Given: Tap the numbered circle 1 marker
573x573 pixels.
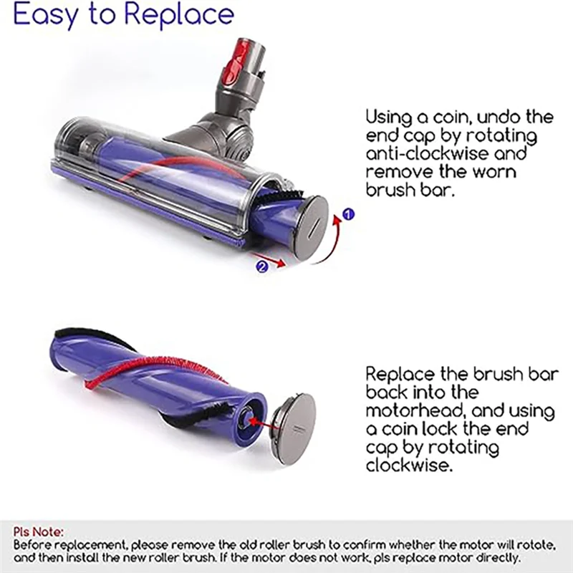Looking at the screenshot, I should click(349, 213).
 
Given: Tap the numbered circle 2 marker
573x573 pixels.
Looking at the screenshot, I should click(261, 266).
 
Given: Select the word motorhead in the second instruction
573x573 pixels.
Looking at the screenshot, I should click(412, 412).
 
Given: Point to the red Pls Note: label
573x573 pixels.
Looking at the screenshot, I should click(38, 532).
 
